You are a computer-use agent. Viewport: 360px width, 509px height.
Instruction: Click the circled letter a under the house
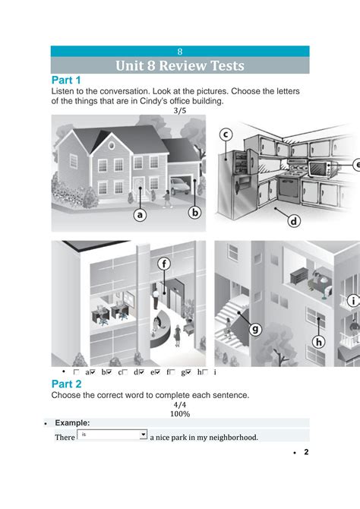click(140, 215)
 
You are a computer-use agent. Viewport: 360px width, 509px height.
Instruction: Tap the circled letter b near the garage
click(194, 213)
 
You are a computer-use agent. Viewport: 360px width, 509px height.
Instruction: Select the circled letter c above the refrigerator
click(226, 134)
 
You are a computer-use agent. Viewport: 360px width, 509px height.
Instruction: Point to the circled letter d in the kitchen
click(294, 221)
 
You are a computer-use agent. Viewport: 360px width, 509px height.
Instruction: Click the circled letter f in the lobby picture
click(163, 264)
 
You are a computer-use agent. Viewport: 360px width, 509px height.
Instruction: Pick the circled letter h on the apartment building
click(319, 342)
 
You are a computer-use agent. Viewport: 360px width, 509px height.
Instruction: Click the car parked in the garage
click(180, 185)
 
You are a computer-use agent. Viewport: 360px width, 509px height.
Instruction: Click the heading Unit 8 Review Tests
click(180, 66)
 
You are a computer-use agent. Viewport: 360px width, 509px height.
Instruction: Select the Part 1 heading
click(66, 81)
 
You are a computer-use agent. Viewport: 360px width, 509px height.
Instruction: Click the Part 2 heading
click(66, 384)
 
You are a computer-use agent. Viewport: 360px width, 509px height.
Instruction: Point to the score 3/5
click(180, 110)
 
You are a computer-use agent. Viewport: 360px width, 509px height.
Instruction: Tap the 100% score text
click(180, 414)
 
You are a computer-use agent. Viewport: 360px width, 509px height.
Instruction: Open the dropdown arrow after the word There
click(143, 435)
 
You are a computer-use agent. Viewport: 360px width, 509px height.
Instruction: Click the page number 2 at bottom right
click(306, 453)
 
